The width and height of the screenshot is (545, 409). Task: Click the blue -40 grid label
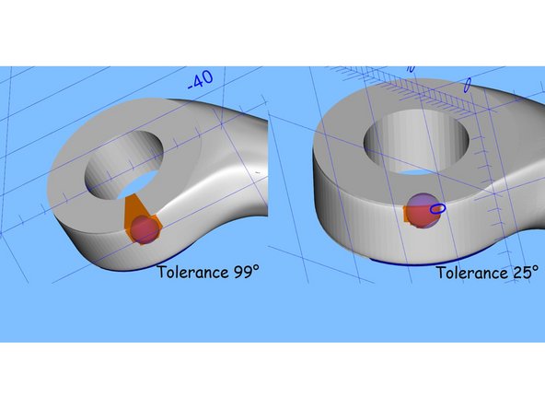(x=200, y=80)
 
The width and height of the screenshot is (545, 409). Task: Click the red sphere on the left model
(x=144, y=229)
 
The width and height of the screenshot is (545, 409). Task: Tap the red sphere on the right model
(x=421, y=209)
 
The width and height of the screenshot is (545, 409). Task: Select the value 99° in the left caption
(x=249, y=272)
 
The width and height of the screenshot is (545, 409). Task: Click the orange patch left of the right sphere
(x=408, y=214)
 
